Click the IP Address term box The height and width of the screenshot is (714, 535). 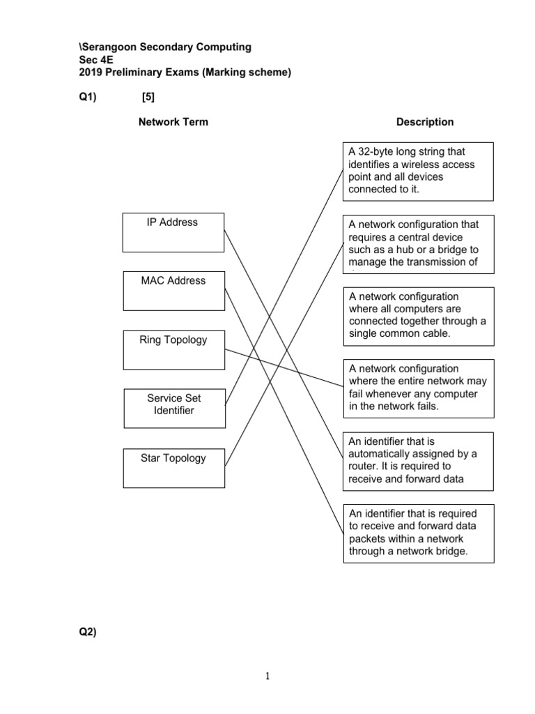coord(173,232)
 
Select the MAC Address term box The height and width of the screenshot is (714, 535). coord(173,291)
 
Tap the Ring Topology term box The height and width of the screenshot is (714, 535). coord(173,349)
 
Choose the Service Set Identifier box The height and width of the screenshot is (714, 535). coord(174,408)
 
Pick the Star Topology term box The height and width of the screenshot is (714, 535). coord(173,468)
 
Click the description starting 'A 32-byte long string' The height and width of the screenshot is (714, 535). coord(418,172)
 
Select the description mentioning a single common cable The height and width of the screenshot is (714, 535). coord(418,316)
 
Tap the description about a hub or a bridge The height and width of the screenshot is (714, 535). coord(418,243)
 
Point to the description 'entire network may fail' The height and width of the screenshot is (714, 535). coord(418,388)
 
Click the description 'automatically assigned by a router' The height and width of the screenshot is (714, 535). coord(418,461)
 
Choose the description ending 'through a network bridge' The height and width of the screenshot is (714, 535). coord(418,533)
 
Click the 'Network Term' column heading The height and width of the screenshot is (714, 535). coord(173,122)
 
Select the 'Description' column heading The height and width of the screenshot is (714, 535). coord(425,122)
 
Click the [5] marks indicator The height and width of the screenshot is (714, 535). coord(148,98)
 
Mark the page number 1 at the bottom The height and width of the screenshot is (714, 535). coord(267,676)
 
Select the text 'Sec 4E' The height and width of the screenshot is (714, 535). coord(94,60)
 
